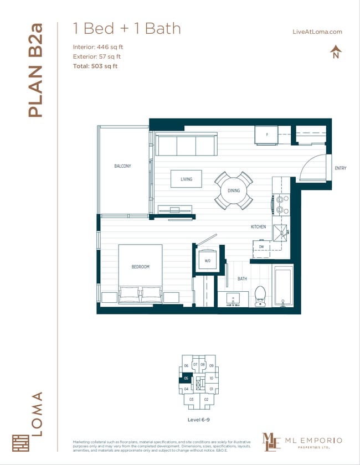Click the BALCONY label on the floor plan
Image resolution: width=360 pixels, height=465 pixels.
(x=122, y=166)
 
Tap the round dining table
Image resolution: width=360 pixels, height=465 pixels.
(x=234, y=190)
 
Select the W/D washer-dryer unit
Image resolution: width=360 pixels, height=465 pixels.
(x=207, y=260)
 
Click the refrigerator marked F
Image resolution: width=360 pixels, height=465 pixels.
(x=266, y=135)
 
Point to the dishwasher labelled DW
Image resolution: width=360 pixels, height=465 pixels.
(x=261, y=247)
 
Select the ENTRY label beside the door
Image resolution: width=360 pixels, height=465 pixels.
(x=340, y=168)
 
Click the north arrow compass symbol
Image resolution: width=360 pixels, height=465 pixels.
(x=335, y=53)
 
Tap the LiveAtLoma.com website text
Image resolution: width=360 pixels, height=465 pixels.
(x=317, y=32)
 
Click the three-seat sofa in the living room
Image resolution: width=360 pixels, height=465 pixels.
(x=186, y=145)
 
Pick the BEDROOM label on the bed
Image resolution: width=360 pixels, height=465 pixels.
(x=140, y=267)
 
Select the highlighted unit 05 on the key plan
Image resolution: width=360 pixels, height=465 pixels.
(x=187, y=379)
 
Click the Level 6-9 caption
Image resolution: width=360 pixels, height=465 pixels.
(x=198, y=420)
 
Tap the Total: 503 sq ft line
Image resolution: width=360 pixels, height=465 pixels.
(x=95, y=66)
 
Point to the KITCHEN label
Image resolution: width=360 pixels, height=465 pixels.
(x=258, y=227)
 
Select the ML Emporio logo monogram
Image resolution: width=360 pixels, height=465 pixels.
(x=272, y=442)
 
